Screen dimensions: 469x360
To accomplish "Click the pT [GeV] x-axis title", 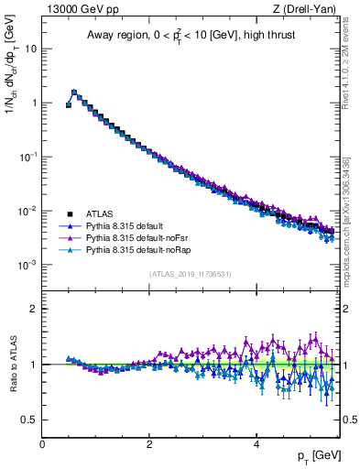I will (x=317, y=455).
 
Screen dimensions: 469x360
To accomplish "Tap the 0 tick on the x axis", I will (x=42, y=442).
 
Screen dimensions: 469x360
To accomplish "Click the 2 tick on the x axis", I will (x=149, y=442).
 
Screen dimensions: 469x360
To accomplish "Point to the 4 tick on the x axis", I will (x=256, y=442).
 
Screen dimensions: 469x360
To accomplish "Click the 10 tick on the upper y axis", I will (x=30, y=49).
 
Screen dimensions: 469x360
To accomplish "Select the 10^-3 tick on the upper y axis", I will (x=27, y=265).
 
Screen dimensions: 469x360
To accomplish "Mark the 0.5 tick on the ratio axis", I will (x=29, y=420).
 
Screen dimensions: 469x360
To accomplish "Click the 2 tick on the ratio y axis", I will (x=34, y=309).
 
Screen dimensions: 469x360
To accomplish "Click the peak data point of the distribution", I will (x=74, y=92).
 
